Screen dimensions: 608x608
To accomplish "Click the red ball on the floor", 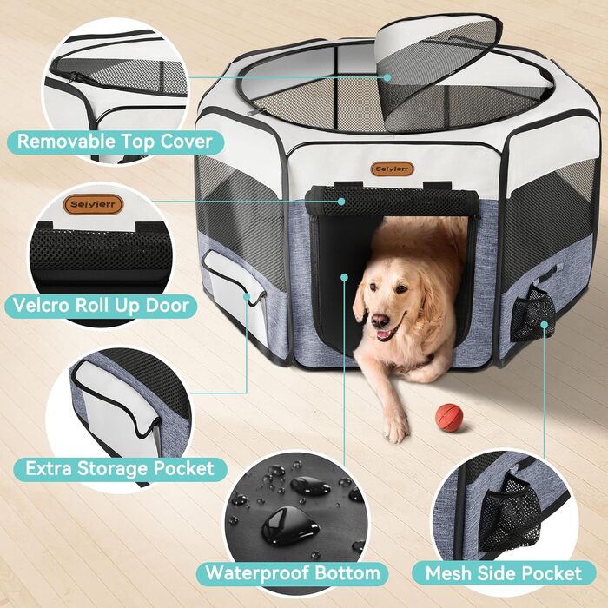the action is coord(449,417).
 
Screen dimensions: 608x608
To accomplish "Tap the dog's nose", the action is coord(380,321).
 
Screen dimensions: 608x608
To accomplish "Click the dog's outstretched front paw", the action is coord(395,426).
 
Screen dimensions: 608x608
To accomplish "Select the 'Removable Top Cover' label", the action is coord(116,142).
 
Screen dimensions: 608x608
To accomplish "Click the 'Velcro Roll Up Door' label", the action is coord(101,306).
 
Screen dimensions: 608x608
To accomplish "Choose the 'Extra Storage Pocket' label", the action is coord(120,469).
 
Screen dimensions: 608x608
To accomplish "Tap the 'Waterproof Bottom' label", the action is coord(293,573).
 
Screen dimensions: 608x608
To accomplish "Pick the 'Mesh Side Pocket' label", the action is coord(504,573).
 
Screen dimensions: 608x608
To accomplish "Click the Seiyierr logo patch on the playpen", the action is coord(392,169).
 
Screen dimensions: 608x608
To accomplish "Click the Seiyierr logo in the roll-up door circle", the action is coord(93,204).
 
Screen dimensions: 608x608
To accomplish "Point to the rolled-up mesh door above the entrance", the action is coord(391,202).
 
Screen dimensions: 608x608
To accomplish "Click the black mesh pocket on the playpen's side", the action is coord(532,314).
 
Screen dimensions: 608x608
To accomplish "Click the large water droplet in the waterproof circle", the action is coord(289,527).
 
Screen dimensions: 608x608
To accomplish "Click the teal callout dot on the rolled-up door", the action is coord(341,202).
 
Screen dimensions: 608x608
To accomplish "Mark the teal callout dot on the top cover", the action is coord(387,77).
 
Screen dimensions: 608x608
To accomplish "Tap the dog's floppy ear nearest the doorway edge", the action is coord(360,300).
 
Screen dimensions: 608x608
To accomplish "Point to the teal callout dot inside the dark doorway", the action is coord(344,277).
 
